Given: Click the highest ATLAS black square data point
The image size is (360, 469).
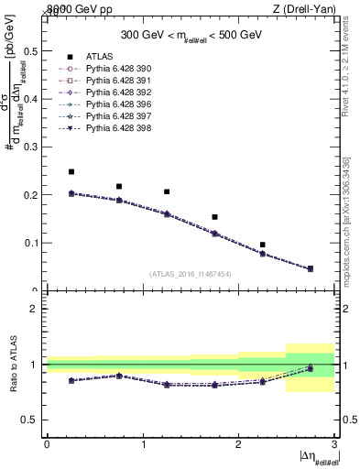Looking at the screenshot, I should pos(71,171).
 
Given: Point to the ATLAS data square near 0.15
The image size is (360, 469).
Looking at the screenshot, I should pos(214,217).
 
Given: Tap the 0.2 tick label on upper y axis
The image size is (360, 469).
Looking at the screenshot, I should pos(30,195).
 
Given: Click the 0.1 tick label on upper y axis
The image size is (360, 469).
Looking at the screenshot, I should pos(30,243).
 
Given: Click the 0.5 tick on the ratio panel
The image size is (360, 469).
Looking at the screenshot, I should pos(30,420).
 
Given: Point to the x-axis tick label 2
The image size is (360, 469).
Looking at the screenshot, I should pos(238,444).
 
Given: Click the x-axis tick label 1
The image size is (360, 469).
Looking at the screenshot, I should pos(143,444).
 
